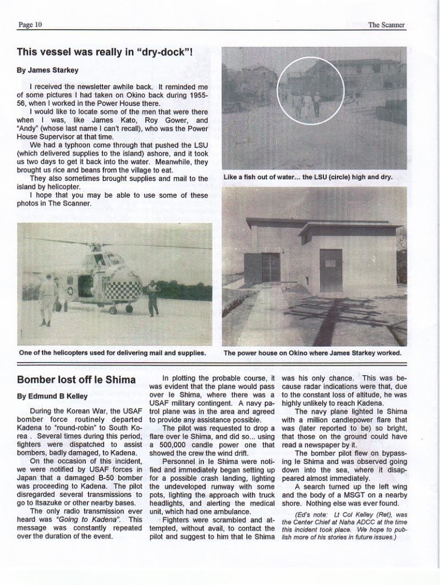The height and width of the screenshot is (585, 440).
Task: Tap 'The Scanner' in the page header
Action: (x=386, y=25)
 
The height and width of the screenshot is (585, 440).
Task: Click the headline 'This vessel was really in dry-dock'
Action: (x=105, y=52)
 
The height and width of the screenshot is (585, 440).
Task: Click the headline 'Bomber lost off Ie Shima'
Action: (x=76, y=380)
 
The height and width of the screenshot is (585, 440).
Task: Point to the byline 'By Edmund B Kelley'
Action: (x=50, y=396)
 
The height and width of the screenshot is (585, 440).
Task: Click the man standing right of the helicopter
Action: (x=153, y=297)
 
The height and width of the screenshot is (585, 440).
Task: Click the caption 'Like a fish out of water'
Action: (x=308, y=177)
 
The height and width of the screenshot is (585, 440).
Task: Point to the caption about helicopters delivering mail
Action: (x=112, y=352)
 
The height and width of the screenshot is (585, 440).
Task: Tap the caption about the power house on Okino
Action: (x=312, y=352)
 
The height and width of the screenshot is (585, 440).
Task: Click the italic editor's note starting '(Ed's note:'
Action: (x=343, y=530)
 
